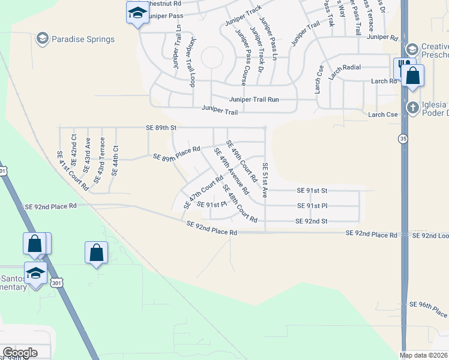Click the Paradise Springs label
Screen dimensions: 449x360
tap(83, 40)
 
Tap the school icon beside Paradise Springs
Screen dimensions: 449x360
tap(42, 40)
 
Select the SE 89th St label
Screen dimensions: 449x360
tap(161, 128)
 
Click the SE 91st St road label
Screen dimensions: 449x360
tap(312, 190)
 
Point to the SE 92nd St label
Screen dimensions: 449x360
tap(311, 221)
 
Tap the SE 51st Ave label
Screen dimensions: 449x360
tap(265, 180)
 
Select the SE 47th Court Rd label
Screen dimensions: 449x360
tap(199, 192)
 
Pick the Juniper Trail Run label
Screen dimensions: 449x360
tap(254, 100)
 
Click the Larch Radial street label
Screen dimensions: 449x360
tap(345, 67)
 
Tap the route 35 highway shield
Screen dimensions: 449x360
tap(403, 139)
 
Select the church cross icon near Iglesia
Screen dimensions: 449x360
tap(412, 108)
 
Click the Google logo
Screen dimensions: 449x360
tap(19, 353)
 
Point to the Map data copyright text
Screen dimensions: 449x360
tap(423, 355)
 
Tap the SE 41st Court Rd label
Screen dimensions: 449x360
tap(73, 170)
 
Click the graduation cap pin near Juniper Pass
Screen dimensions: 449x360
tap(137, 13)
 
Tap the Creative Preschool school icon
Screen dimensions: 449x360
tap(412, 49)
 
